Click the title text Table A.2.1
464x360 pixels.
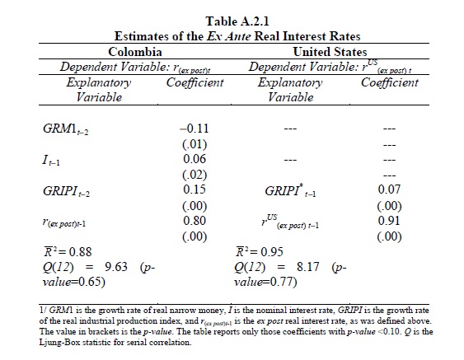tap(237, 21)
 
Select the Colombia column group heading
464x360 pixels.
tap(135, 52)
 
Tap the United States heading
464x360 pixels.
tap(330, 52)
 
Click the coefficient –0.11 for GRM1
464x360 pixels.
tap(195, 129)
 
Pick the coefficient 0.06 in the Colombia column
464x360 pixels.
tap(195, 159)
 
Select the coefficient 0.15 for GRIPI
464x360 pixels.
tap(195, 189)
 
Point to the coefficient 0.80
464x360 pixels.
tap(195, 221)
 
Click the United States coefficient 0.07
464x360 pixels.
tap(389, 189)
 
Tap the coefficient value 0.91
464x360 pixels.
tap(389, 221)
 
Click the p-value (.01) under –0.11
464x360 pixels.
tap(195, 144)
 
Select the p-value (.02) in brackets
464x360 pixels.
tap(195, 175)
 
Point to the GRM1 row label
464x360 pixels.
tap(65, 129)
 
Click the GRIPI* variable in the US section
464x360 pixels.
tap(290, 191)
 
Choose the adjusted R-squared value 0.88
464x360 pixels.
tap(80, 252)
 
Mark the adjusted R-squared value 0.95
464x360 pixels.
tap(272, 252)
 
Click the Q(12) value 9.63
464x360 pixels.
tap(116, 267)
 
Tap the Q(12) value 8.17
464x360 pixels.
tap(308, 267)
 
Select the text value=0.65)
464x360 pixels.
tap(74, 282)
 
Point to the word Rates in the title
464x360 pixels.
tap(345, 36)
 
